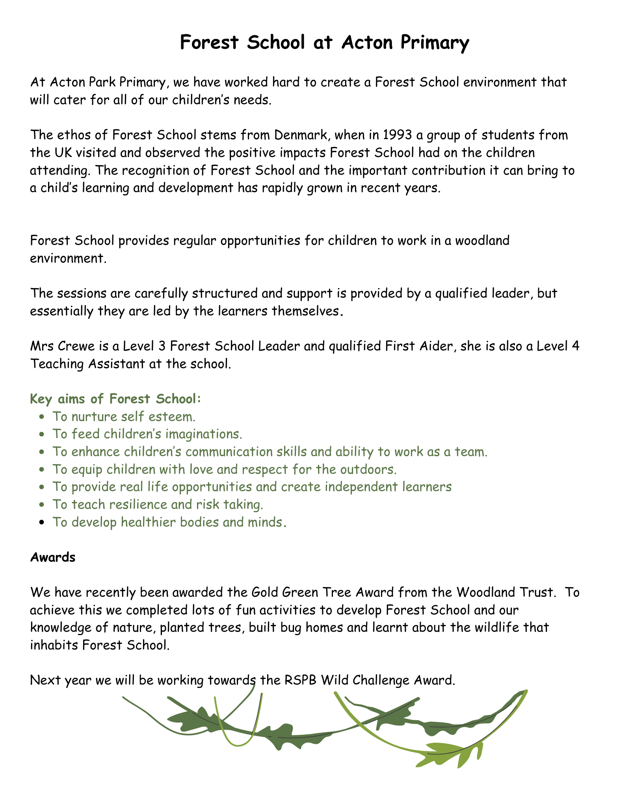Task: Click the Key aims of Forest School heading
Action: [x=115, y=399]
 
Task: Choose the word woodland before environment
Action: [x=472, y=240]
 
